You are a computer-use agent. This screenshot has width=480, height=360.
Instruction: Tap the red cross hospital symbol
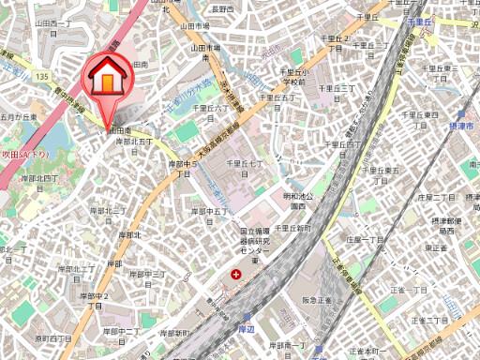[235, 275]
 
